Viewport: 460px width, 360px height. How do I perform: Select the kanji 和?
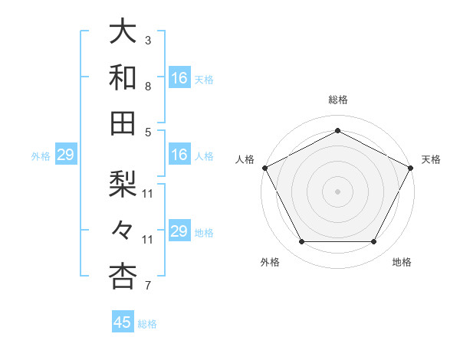(x=123, y=77)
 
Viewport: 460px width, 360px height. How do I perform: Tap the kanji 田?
(x=123, y=123)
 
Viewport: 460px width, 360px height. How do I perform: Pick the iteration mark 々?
(x=123, y=231)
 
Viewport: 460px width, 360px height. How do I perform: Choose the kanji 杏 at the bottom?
(x=123, y=277)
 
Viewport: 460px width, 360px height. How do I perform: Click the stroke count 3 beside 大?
(x=148, y=40)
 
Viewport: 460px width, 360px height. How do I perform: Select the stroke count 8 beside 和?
(x=148, y=87)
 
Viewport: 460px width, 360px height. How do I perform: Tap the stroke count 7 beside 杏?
(x=148, y=286)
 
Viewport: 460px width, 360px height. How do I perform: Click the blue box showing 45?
(x=123, y=322)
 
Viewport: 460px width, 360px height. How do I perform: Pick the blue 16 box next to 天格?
(x=179, y=78)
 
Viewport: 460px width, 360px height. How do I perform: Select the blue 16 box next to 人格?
(x=179, y=155)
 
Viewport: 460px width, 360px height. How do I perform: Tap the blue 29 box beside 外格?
(x=65, y=155)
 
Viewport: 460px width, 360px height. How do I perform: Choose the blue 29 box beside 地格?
(x=179, y=232)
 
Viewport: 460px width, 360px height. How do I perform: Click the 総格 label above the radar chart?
(x=337, y=100)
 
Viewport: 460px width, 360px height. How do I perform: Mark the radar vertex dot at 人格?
(x=264, y=167)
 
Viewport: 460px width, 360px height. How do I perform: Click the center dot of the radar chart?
(x=337, y=191)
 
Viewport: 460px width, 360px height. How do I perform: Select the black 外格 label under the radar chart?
(x=270, y=262)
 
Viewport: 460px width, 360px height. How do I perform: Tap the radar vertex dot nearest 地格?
(x=374, y=242)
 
